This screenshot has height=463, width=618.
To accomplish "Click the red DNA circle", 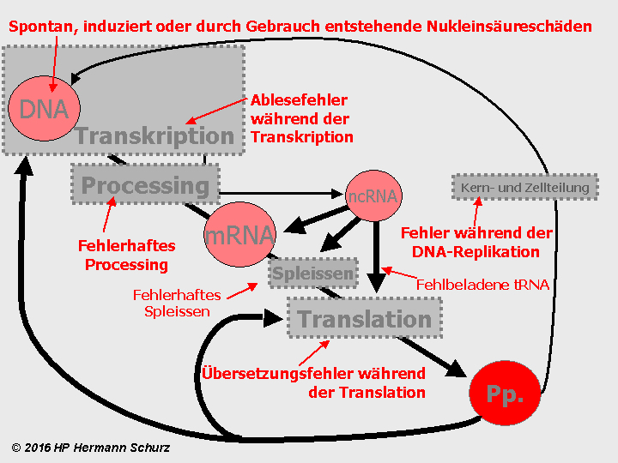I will point(43,109).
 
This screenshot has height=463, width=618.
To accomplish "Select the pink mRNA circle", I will point(239,234).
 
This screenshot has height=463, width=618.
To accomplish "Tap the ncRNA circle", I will point(373,196).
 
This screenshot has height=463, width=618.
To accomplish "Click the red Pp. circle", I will point(505,395).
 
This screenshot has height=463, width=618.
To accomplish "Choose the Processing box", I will point(145,185).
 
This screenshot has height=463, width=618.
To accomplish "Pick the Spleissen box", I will point(313,274).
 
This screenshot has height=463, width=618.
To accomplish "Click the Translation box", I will point(365,320).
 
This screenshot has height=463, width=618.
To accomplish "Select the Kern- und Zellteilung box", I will point(524,188).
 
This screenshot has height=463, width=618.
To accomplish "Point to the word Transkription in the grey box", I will point(154,135).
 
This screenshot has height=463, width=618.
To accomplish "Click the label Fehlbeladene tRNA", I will point(482,284).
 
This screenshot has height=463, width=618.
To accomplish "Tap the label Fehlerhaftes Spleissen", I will point(177,303).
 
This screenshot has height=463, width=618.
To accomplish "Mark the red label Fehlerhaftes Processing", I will point(126,256).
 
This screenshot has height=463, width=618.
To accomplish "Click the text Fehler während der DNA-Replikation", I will point(476,242).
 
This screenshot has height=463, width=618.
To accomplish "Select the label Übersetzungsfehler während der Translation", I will point(314,382).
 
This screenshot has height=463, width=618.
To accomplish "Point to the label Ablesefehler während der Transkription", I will point(301,118).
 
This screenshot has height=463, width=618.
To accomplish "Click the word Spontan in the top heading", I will point(41,27).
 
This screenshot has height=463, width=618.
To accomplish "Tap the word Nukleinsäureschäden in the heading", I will point(510,27).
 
